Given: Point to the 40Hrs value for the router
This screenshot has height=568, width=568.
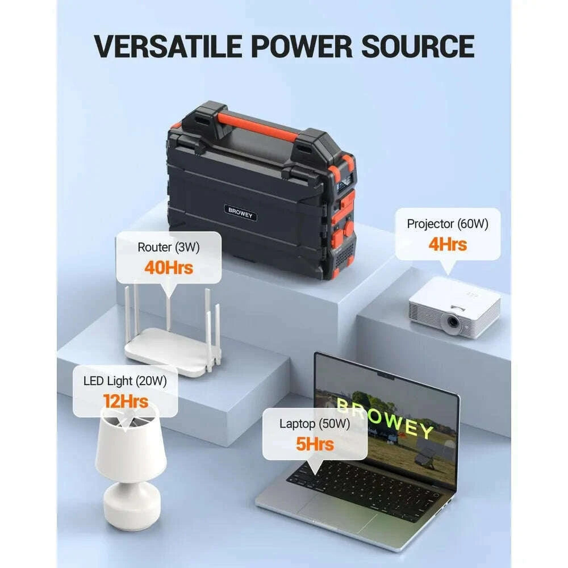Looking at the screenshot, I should pos(169,267).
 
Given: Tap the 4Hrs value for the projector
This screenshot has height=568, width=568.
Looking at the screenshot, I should pos(448,244).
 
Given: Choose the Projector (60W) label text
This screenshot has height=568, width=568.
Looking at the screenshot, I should pos(448,224).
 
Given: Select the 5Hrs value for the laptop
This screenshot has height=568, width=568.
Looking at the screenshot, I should pos(315,444).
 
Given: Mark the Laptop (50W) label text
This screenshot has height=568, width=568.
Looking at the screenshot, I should pos(315,424).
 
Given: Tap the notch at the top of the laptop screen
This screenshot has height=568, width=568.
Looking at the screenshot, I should pos(386,375).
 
